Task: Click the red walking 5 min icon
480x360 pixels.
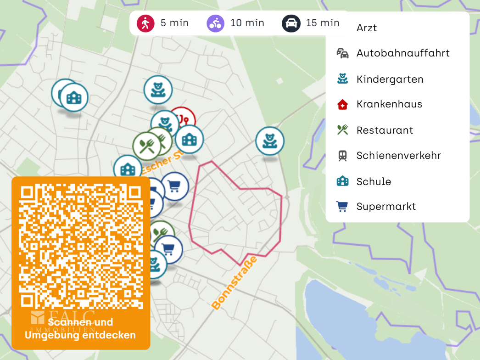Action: [145, 23]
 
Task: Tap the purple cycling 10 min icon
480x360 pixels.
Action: [215, 23]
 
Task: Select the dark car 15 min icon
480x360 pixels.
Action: [291, 23]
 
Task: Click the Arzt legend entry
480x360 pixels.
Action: [366, 28]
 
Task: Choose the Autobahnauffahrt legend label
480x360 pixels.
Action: [402, 53]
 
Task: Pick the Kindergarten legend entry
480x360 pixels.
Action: [390, 79]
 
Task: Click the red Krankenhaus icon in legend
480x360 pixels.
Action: [342, 105]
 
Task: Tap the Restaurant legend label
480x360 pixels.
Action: [385, 130]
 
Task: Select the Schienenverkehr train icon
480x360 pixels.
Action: [342, 156]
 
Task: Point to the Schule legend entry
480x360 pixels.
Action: [374, 181]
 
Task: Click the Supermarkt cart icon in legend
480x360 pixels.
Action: [342, 207]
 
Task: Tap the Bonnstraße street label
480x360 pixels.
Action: [234, 283]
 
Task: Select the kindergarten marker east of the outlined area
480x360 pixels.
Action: [269, 141]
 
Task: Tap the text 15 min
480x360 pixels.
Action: [323, 23]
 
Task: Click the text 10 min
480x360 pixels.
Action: [247, 23]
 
